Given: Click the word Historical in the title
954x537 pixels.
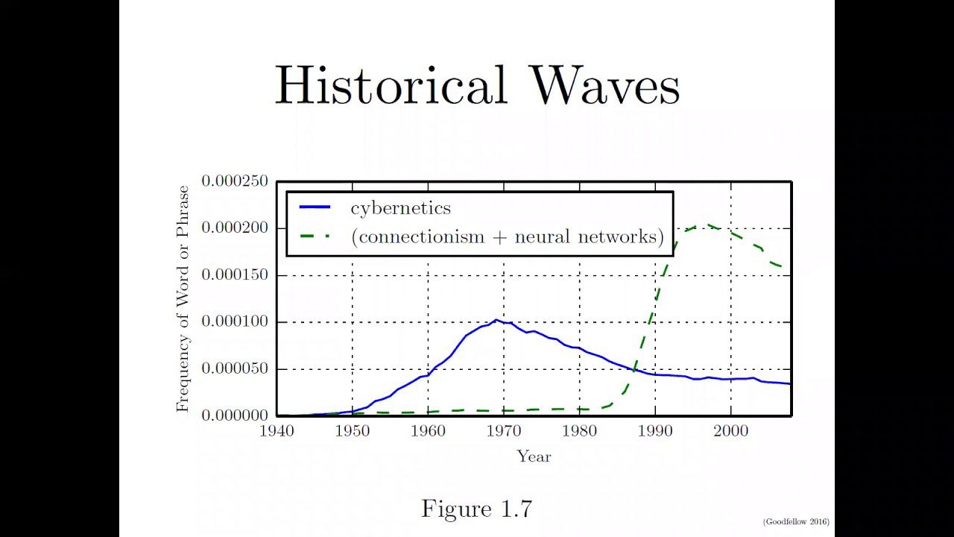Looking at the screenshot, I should (x=391, y=86).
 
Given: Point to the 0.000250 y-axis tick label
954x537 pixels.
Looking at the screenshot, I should (x=235, y=181).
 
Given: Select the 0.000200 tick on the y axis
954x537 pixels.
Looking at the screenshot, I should (x=235, y=228).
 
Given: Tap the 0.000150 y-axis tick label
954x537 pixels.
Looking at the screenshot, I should (x=235, y=275).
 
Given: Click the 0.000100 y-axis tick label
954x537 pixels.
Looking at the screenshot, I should (x=235, y=322).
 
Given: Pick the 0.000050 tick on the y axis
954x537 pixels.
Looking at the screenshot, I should (x=235, y=369).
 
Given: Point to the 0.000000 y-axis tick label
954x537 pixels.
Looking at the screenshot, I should (x=235, y=415).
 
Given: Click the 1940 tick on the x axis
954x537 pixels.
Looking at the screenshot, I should (x=277, y=430).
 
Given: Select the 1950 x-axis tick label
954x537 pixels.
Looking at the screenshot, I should (x=353, y=430).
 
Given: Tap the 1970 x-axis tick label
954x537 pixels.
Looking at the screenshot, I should (x=504, y=430).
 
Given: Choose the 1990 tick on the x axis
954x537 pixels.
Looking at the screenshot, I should (x=655, y=430).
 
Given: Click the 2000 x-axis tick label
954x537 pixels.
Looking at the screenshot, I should (x=730, y=430).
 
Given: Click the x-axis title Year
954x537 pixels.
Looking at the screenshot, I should (x=534, y=456).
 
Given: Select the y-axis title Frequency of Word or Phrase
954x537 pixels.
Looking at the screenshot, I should (x=183, y=299).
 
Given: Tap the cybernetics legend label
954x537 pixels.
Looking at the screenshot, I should (x=401, y=209).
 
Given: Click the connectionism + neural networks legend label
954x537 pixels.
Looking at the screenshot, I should (x=507, y=237).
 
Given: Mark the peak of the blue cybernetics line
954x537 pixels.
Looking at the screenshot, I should (x=496, y=320).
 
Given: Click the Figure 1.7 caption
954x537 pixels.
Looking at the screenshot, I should (x=477, y=509).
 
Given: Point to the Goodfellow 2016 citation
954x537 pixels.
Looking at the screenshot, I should (x=796, y=522).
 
